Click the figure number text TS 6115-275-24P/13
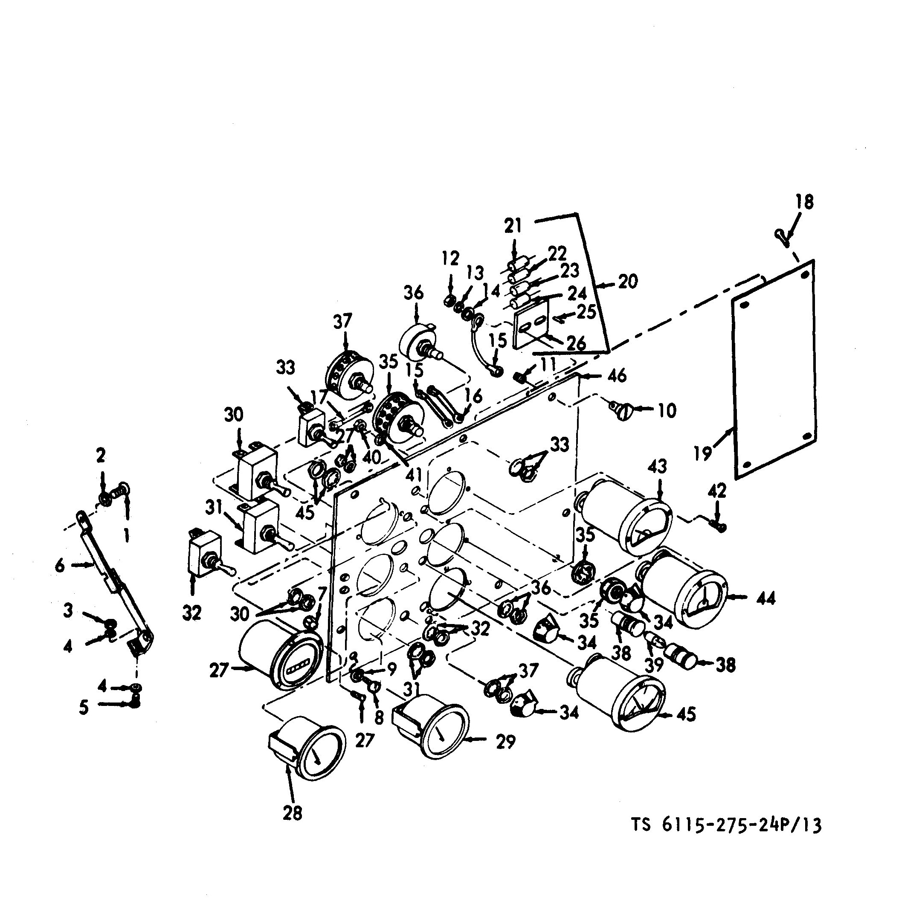727,825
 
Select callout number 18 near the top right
804,202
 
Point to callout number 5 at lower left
84,708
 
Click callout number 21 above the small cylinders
512,226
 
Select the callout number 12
450,258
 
